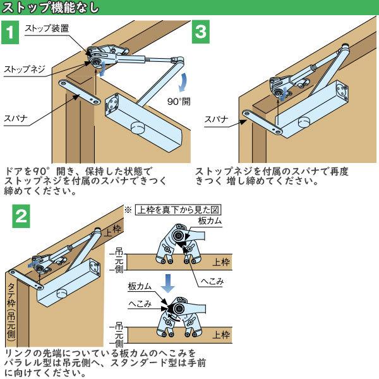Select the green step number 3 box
[201, 33]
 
